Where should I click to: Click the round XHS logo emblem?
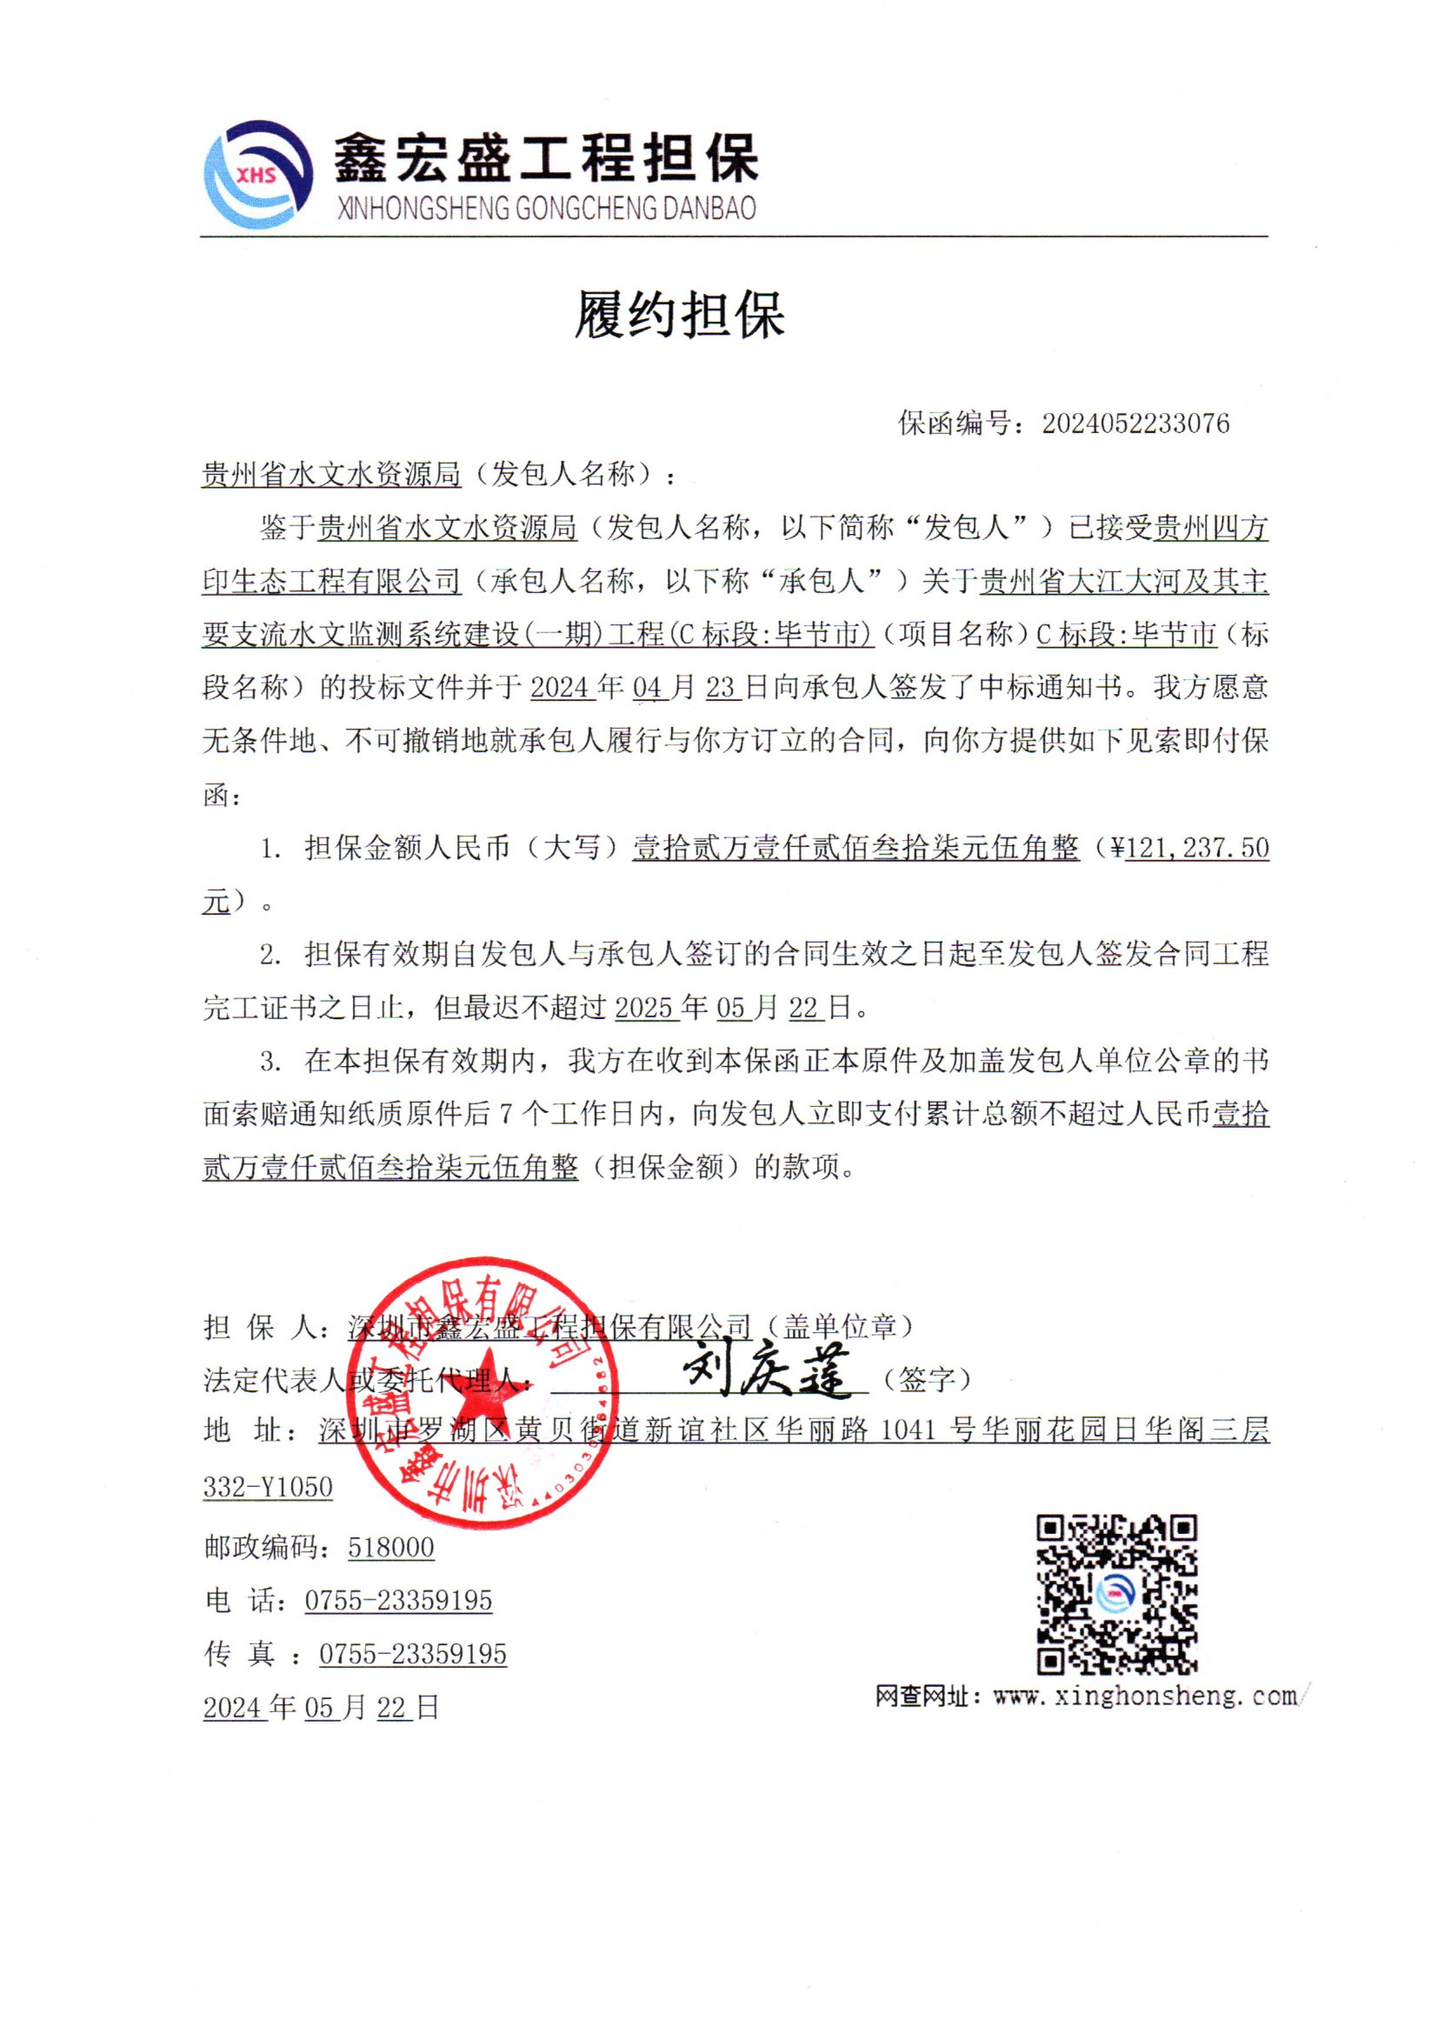point(258,175)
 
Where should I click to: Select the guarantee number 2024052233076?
point(1135,423)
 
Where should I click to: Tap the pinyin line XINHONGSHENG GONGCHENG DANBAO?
point(546,209)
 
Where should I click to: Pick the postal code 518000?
point(390,1548)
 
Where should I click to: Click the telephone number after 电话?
point(398,1600)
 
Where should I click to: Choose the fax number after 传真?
point(413,1653)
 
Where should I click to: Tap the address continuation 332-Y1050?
point(268,1487)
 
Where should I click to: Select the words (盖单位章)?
point(837,1325)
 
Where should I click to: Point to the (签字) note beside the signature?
point(927,1378)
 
